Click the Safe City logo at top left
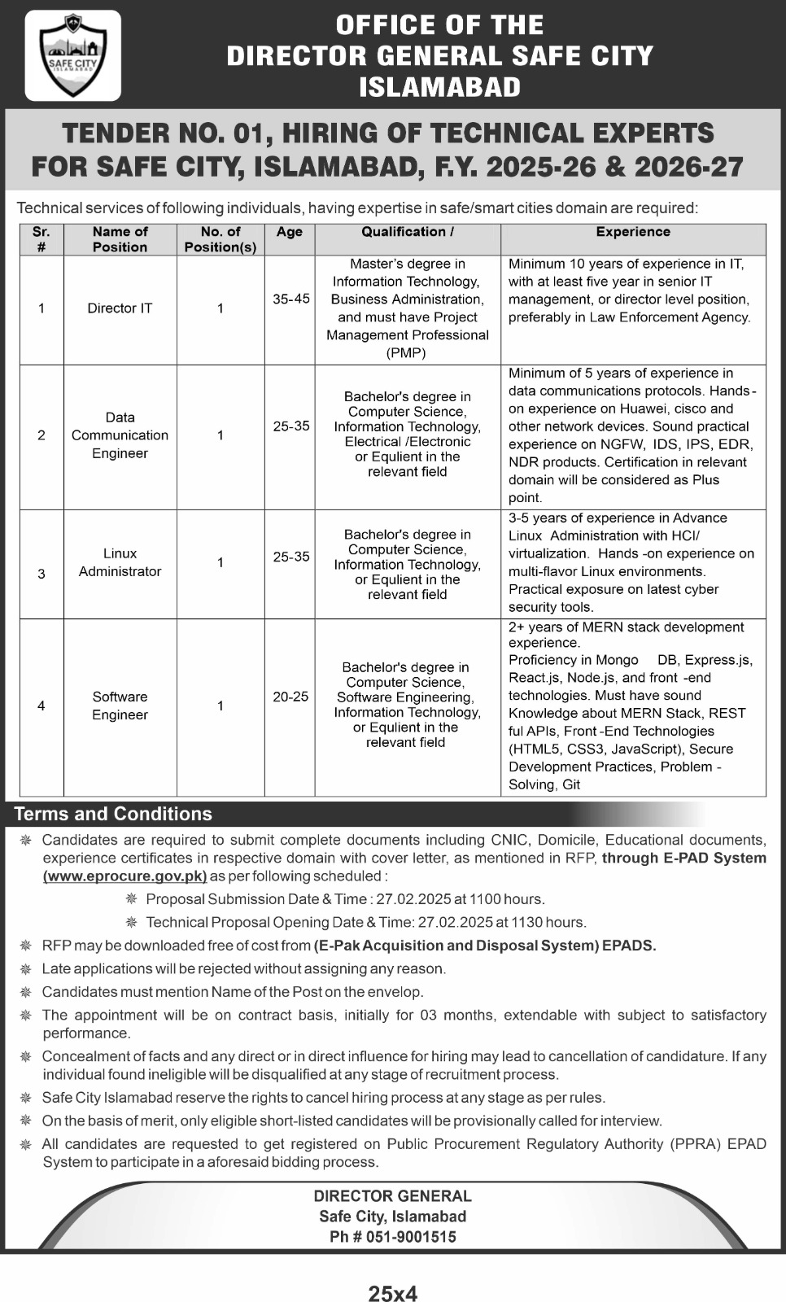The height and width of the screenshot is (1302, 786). pyautogui.click(x=72, y=55)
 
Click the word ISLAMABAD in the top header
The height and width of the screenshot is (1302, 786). pyautogui.click(x=440, y=87)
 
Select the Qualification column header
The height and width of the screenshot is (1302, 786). pyautogui.click(x=408, y=232)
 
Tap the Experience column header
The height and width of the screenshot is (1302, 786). pyautogui.click(x=633, y=232)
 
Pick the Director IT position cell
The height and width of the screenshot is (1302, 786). pyautogui.click(x=120, y=308)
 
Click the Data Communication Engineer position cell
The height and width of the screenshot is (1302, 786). pyautogui.click(x=120, y=435)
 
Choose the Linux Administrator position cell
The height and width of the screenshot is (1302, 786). pyautogui.click(x=120, y=562)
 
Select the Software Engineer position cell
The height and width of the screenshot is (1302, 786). pyautogui.click(x=120, y=706)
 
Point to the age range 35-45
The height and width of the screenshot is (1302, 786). pyautogui.click(x=290, y=299)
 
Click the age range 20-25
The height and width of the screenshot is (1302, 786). pyautogui.click(x=290, y=697)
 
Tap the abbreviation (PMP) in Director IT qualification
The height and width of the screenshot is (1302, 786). pyautogui.click(x=407, y=352)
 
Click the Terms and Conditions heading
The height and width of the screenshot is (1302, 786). pyautogui.click(x=113, y=814)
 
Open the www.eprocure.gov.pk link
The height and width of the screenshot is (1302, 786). pyautogui.click(x=125, y=876)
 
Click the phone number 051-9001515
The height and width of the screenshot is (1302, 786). pyautogui.click(x=404, y=1237)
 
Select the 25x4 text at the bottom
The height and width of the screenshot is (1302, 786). pyautogui.click(x=393, y=1294)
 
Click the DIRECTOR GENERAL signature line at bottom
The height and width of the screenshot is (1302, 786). pyautogui.click(x=393, y=1196)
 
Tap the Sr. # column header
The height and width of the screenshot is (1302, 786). pyautogui.click(x=41, y=239)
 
